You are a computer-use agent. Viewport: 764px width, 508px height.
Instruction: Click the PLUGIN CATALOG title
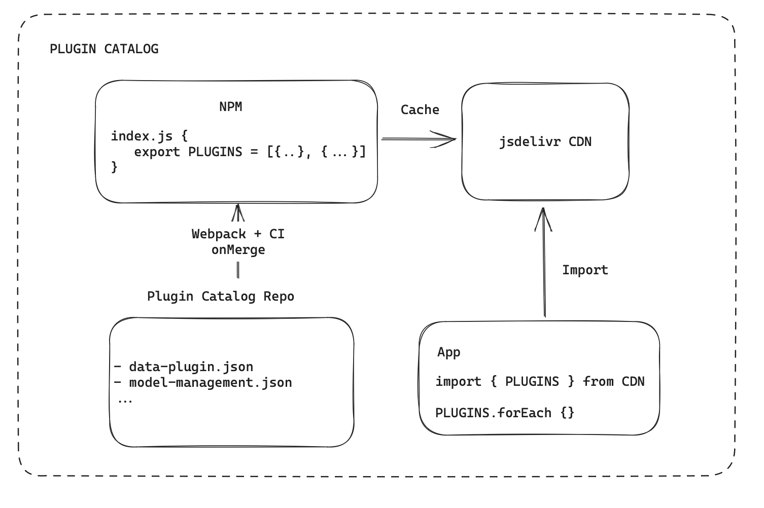tap(104, 49)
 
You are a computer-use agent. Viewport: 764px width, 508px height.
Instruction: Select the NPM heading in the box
tap(231, 106)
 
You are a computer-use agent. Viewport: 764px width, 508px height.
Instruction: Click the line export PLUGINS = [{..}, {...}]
tap(250, 152)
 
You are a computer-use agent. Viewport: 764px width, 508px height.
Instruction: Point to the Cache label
tap(420, 110)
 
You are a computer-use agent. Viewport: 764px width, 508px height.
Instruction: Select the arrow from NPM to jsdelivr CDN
tap(419, 138)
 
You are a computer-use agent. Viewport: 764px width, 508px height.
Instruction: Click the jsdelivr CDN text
tap(545, 141)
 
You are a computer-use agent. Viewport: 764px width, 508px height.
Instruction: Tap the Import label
tap(585, 270)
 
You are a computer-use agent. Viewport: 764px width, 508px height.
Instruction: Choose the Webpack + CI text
tap(238, 234)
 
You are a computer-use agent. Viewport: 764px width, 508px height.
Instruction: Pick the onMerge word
tap(238, 249)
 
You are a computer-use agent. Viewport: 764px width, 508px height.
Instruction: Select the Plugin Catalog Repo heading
tap(220, 296)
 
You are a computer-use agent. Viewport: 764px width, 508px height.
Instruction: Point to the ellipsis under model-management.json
tap(125, 400)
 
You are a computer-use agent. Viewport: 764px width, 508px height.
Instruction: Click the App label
tap(448, 352)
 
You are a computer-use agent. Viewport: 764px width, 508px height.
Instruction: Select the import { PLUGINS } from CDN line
tap(540, 381)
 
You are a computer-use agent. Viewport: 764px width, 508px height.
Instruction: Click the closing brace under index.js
tap(114, 167)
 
